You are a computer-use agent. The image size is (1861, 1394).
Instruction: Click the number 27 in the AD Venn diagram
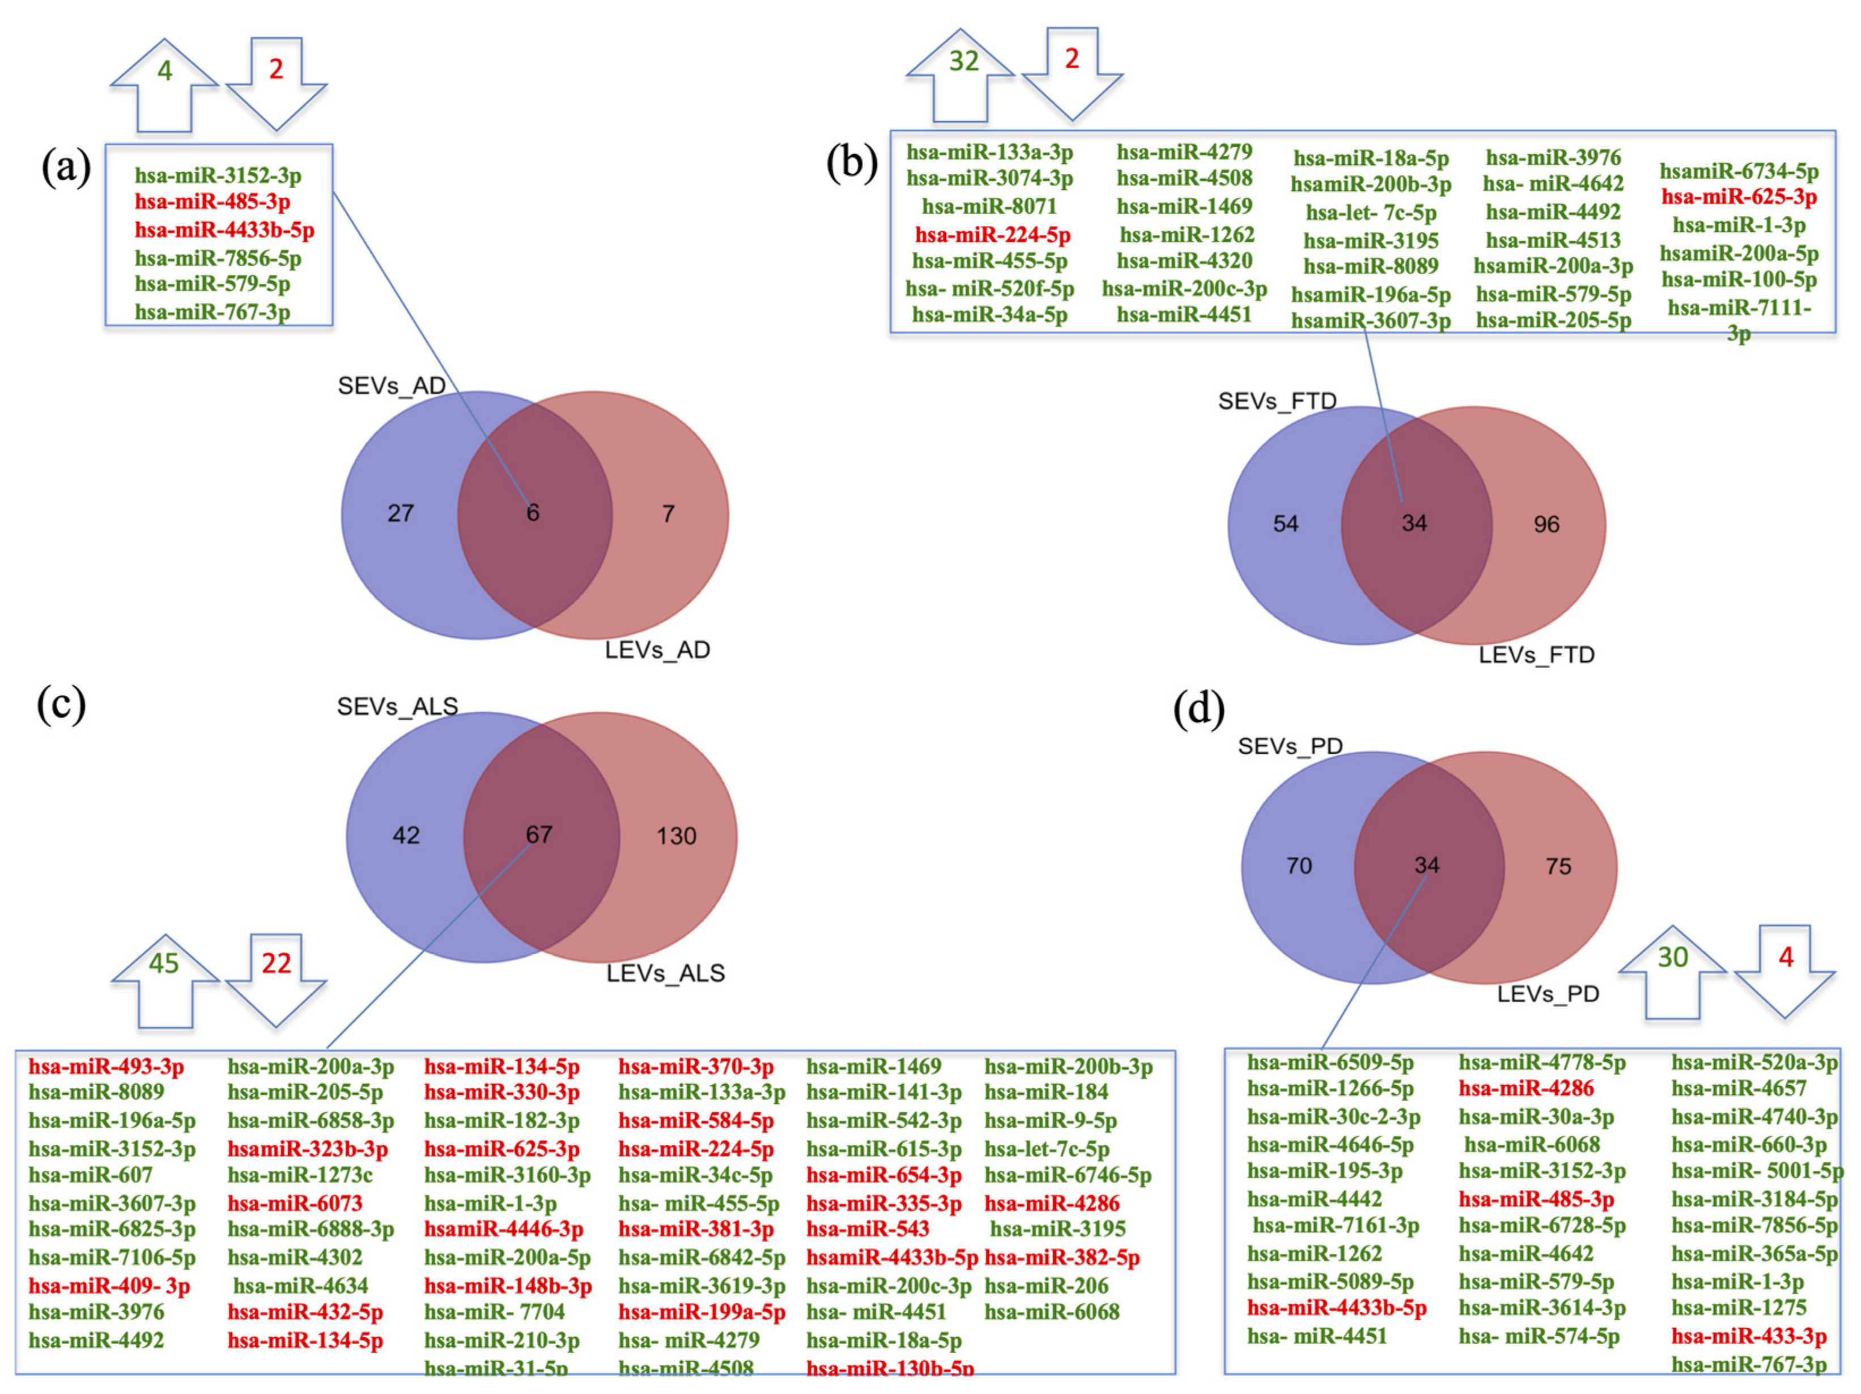click(x=401, y=513)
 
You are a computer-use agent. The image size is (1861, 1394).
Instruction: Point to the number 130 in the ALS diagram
click(x=677, y=836)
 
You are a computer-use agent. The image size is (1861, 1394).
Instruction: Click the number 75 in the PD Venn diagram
click(x=1558, y=866)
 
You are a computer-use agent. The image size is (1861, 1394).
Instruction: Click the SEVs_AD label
click(x=391, y=386)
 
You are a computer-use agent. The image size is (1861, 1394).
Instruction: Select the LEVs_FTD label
click(x=1536, y=654)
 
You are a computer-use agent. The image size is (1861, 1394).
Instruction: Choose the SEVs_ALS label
click(x=397, y=707)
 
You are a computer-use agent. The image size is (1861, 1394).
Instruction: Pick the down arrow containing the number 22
click(x=276, y=976)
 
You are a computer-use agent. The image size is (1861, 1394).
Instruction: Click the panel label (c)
click(x=61, y=703)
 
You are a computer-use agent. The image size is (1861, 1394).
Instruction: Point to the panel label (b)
click(x=851, y=161)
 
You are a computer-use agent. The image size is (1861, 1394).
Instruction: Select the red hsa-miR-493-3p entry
click(x=106, y=1066)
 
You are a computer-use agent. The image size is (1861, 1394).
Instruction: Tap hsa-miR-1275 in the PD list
click(x=1738, y=1308)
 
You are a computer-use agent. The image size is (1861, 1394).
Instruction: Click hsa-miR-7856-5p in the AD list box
click(x=218, y=258)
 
